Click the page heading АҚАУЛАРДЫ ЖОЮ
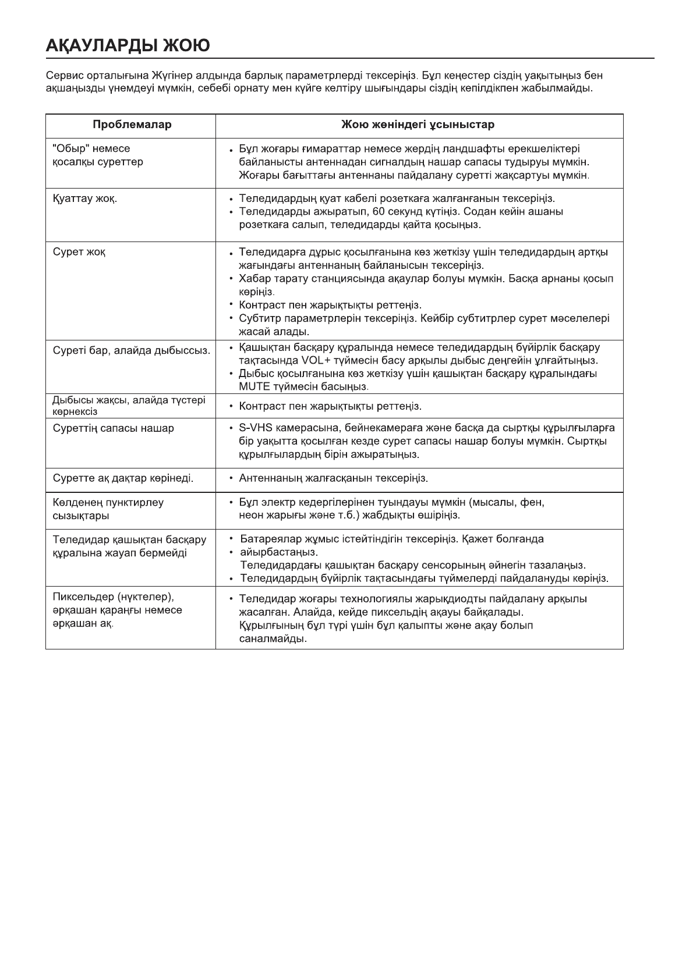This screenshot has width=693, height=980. pos(128,45)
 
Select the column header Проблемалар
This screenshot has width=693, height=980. pos(132,125)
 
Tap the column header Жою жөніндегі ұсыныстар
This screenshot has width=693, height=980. pos(418,125)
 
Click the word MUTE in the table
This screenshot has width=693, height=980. pos(253,386)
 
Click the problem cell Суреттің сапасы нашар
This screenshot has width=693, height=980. pos(114,428)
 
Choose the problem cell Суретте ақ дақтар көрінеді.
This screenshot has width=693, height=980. pos(123,478)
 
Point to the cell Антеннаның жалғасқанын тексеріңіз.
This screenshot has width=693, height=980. pos(334,478)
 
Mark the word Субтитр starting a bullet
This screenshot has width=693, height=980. pos(258,318)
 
